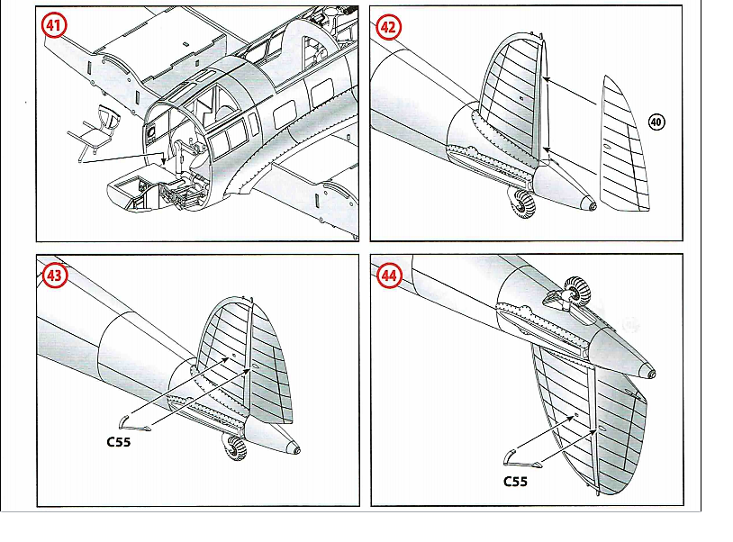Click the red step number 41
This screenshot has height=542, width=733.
[55, 26]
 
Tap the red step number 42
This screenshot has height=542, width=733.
[389, 26]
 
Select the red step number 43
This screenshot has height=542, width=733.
[55, 275]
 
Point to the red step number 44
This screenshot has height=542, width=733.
[389, 275]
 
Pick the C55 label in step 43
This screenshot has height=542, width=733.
[120, 442]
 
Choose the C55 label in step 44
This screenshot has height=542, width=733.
[515, 481]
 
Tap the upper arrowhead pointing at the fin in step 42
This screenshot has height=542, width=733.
[548, 80]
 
